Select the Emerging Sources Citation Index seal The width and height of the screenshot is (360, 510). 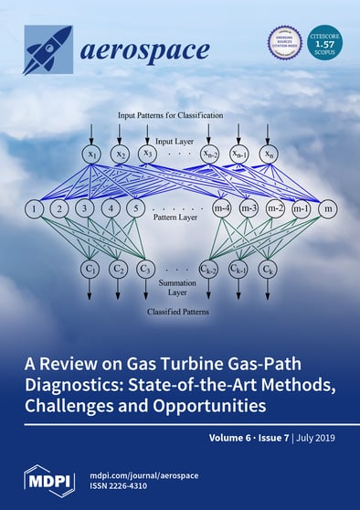(284, 43)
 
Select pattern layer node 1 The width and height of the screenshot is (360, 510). (35, 210)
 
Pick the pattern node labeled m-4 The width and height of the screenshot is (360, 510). (219, 210)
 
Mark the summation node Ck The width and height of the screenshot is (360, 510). (268, 270)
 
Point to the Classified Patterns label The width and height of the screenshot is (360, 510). (179, 312)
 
